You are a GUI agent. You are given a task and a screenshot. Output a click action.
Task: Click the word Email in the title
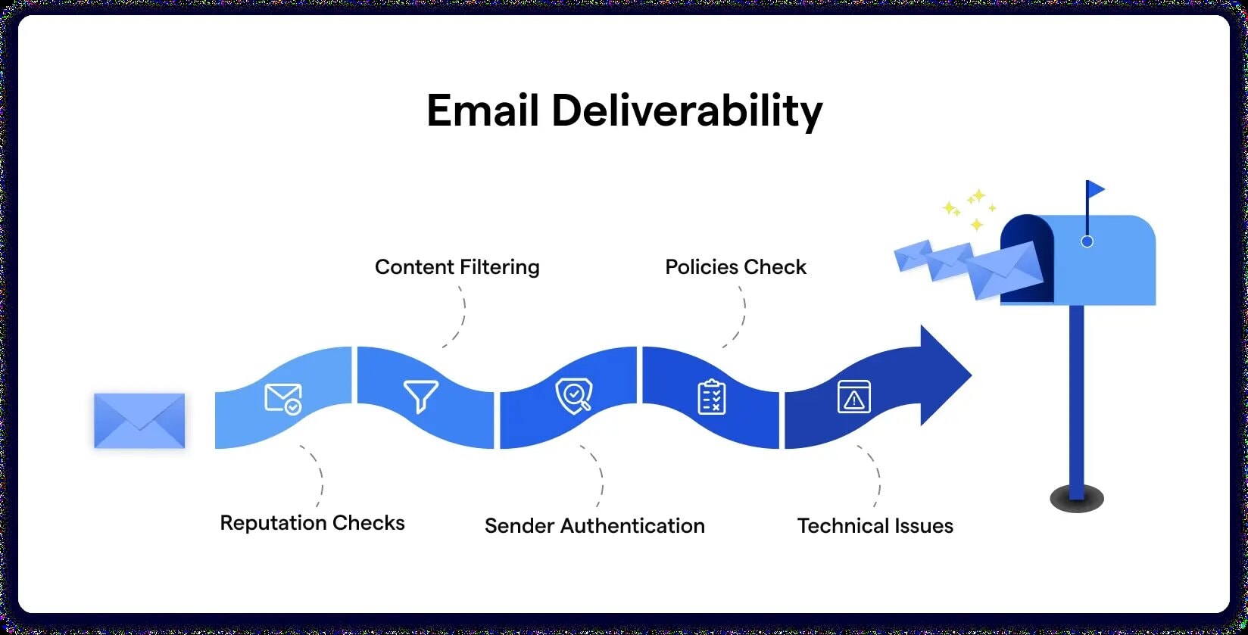tap(482, 111)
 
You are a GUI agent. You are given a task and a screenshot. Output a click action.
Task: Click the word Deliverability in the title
tap(686, 112)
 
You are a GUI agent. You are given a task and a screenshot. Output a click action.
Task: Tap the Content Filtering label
tap(457, 267)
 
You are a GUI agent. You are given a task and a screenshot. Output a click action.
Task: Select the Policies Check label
tap(735, 267)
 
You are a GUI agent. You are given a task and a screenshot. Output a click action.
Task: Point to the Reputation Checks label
tap(312, 523)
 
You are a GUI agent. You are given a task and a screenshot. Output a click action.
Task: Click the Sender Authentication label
tap(594, 526)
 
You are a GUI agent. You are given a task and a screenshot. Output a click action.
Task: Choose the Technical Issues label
tap(875, 526)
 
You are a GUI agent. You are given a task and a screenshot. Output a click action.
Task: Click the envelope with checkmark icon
tap(283, 398)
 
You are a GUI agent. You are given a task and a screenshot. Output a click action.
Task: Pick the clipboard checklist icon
tap(711, 397)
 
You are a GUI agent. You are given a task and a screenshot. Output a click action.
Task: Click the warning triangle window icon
tap(854, 397)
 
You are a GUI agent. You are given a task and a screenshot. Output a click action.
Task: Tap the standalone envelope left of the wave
tap(139, 421)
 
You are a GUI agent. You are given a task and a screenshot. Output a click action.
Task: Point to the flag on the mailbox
tap(1095, 189)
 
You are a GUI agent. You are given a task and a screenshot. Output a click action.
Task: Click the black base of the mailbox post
tap(1076, 499)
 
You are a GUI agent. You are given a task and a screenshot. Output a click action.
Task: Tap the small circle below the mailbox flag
tap(1087, 241)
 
